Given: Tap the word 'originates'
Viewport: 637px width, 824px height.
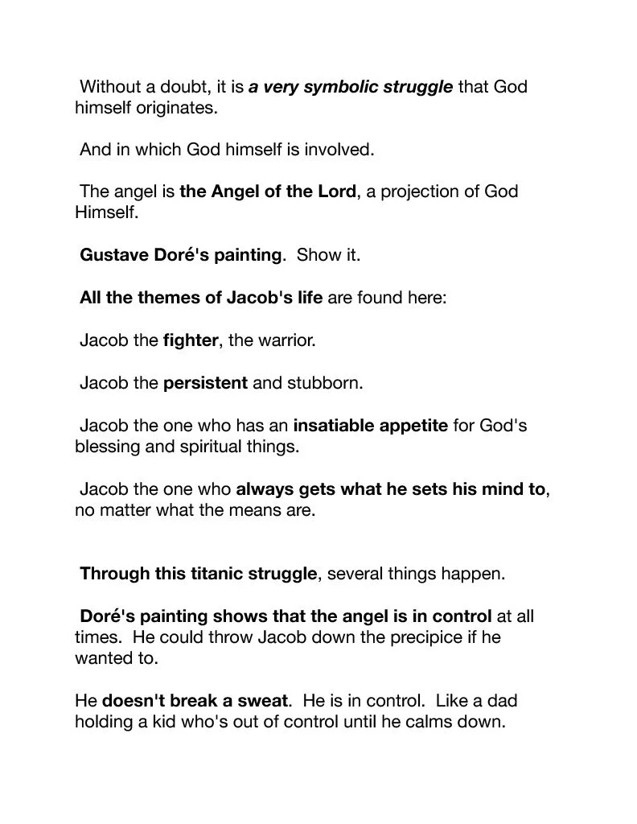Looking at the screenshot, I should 176,107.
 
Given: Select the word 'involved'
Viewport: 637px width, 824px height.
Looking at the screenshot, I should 336,149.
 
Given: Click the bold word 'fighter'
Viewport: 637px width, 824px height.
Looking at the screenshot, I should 190,340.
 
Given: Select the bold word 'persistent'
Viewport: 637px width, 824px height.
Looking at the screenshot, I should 205,383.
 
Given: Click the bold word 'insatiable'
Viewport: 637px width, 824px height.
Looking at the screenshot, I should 331,425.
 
